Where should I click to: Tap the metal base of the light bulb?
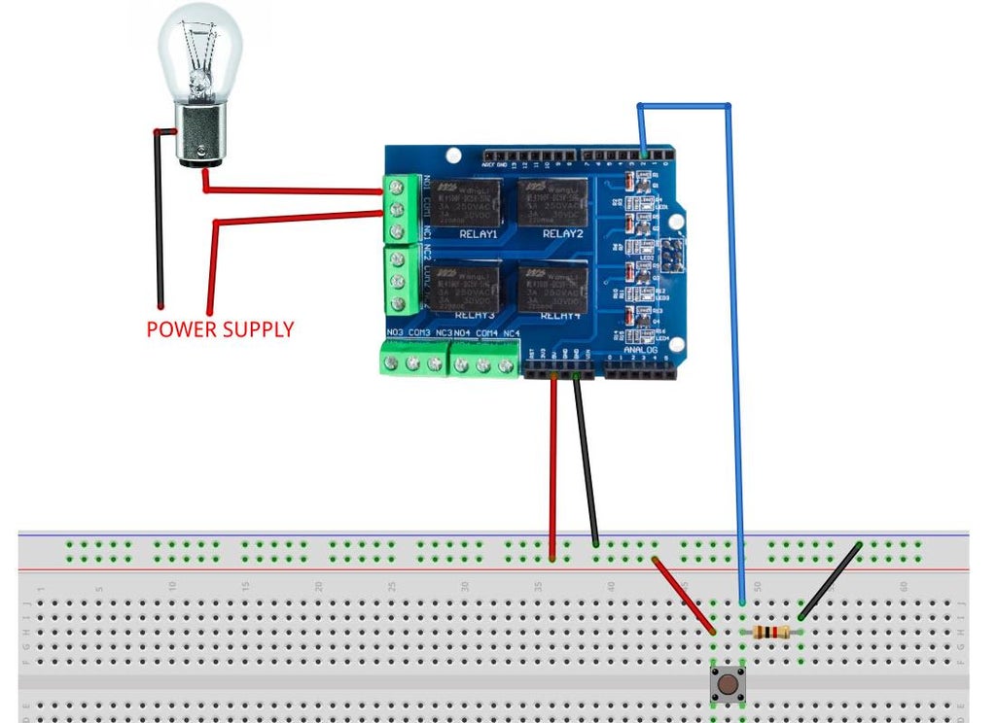pyautogui.click(x=199, y=140)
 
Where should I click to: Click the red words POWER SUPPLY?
pyautogui.click(x=220, y=329)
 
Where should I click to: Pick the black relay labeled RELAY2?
pyautogui.click(x=552, y=202)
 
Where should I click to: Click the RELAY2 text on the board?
pyautogui.click(x=562, y=234)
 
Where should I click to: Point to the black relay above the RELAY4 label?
pyautogui.click(x=552, y=288)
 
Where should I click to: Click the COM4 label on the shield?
pyautogui.click(x=486, y=334)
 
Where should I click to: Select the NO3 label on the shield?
pyautogui.click(x=395, y=334)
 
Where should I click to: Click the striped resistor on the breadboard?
pyautogui.click(x=772, y=634)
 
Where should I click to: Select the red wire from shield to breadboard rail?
pyautogui.click(x=552, y=466)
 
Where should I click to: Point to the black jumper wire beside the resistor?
pyautogui.click(x=830, y=581)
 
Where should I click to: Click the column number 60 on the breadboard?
pyautogui.click(x=905, y=586)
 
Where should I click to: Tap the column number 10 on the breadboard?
pyautogui.click(x=172, y=586)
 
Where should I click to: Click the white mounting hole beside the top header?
pyautogui.click(x=452, y=155)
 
